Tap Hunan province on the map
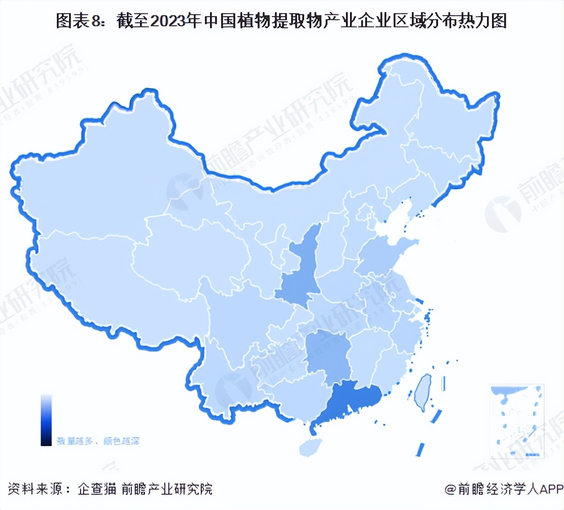point(325,355)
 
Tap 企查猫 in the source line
point(97,489)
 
